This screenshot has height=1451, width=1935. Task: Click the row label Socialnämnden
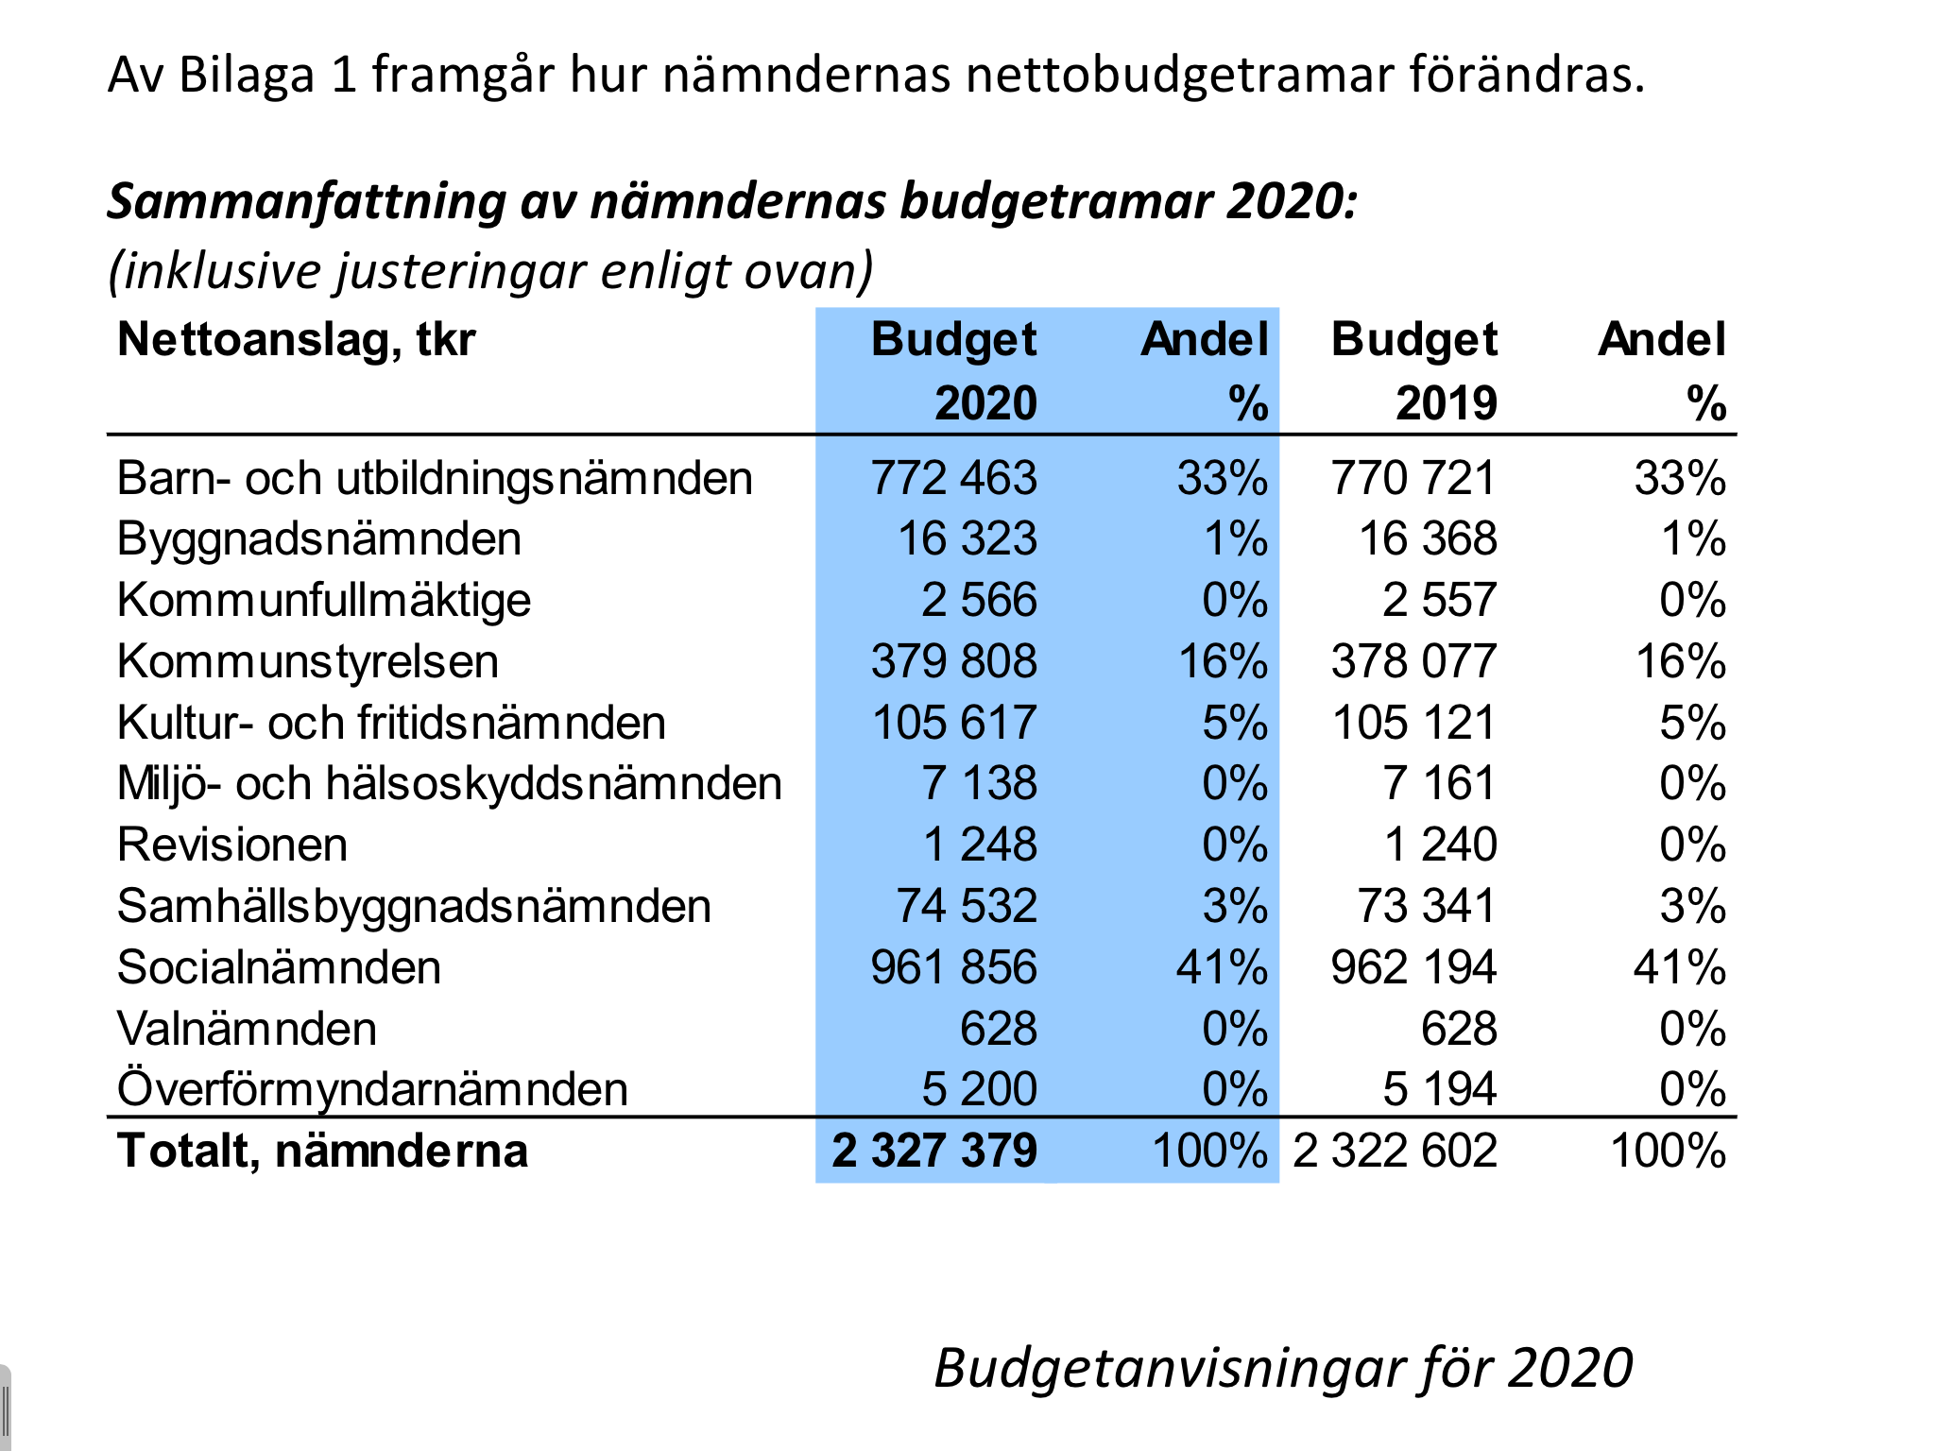[279, 967]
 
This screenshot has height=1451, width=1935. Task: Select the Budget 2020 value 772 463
[953, 478]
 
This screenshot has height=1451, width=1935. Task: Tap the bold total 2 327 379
[934, 1151]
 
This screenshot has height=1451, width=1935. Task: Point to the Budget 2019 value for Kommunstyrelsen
[1413, 661]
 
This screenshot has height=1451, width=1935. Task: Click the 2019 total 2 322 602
[1395, 1151]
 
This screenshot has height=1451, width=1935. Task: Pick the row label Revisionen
[232, 845]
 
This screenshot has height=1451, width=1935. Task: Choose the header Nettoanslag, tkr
[296, 339]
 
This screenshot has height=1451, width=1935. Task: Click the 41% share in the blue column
[1222, 967]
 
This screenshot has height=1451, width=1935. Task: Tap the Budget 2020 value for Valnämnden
[998, 1029]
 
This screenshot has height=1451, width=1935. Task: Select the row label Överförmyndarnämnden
[372, 1089]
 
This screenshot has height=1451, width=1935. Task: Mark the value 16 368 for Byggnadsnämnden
[1428, 538]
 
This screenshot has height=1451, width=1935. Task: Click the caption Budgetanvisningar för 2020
[1283, 1368]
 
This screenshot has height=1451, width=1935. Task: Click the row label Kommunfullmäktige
[323, 600]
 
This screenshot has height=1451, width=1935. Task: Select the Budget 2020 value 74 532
[967, 906]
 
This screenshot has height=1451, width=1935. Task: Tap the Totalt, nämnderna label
[322, 1151]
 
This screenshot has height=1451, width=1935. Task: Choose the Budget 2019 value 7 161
[1439, 783]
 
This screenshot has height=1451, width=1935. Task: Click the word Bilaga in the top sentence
[246, 75]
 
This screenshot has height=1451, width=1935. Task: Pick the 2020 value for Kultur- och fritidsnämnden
[953, 723]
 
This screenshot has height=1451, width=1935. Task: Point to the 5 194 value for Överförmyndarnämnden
[1439, 1089]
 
